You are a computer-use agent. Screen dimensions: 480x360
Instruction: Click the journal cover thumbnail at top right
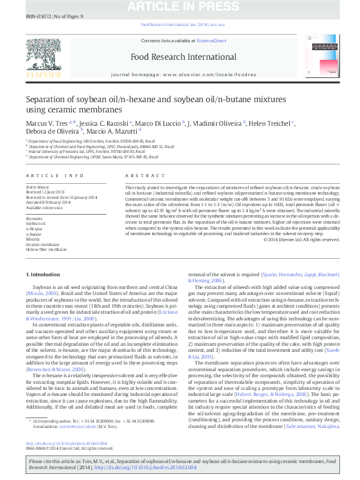tap(323, 58)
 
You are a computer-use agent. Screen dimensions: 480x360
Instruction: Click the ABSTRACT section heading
tap(137, 175)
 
